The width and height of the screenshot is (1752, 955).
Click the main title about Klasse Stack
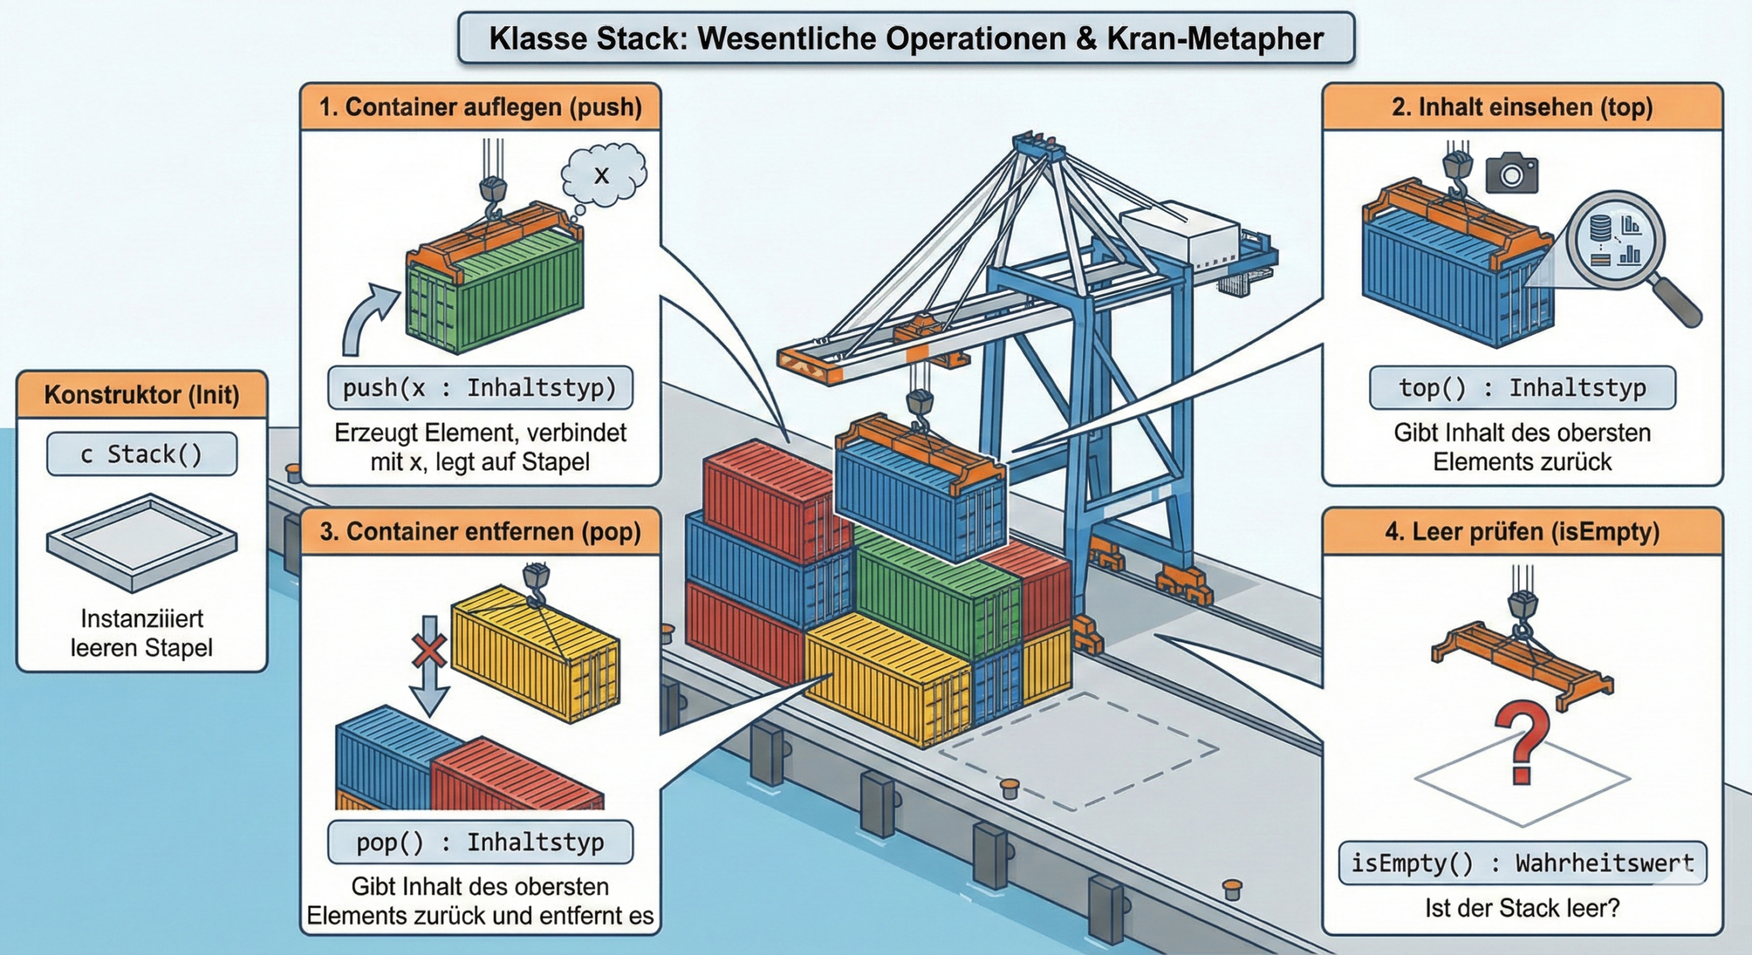click(x=905, y=38)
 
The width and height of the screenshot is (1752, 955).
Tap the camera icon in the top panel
click(x=1512, y=174)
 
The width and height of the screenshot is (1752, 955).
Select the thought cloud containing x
click(x=603, y=175)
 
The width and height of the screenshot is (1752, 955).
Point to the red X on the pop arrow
click(x=428, y=650)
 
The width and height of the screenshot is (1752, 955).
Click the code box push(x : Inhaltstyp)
click(x=480, y=388)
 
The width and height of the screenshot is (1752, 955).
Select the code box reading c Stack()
click(x=142, y=454)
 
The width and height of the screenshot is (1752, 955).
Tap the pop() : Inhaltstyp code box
click(x=480, y=842)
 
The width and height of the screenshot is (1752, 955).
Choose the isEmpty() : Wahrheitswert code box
click(x=1522, y=863)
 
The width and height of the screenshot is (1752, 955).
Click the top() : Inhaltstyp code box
click(x=1522, y=388)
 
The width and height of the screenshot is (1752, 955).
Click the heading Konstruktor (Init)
click(x=142, y=395)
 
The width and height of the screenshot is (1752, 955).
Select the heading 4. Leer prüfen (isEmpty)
click(x=1522, y=532)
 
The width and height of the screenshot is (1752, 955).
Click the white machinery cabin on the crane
click(x=1181, y=236)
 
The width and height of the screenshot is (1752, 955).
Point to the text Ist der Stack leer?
click(x=1522, y=908)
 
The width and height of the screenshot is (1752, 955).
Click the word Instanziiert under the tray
click(x=142, y=618)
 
